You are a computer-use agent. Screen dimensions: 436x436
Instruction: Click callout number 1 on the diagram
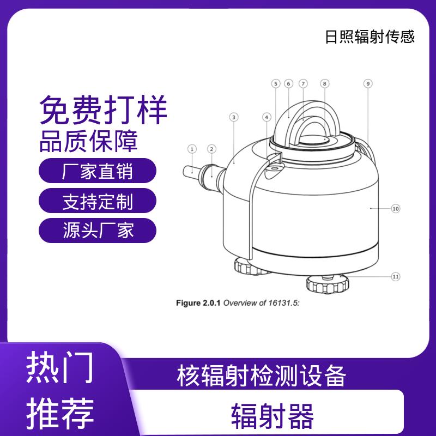(x=192, y=149)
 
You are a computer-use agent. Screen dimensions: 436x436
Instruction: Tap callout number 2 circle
(x=211, y=149)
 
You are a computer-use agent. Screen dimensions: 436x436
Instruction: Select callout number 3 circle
(x=234, y=117)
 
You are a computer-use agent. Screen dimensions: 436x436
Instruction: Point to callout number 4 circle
(x=267, y=117)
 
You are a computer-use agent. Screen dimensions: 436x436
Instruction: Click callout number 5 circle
(x=276, y=84)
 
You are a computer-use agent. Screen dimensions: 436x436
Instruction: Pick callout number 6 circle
(x=289, y=84)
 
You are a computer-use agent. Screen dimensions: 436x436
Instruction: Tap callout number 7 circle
(x=303, y=84)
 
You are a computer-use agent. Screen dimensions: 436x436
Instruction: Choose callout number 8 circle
(x=324, y=84)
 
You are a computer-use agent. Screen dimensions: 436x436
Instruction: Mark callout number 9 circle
(x=368, y=84)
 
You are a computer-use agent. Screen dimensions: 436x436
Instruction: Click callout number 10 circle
(x=396, y=209)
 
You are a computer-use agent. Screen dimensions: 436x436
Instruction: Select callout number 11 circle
(x=396, y=277)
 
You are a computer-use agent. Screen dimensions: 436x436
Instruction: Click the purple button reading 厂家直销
(x=98, y=171)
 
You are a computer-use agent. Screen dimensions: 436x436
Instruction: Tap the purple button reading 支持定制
(x=98, y=201)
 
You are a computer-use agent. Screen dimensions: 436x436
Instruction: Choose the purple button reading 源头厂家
(x=98, y=231)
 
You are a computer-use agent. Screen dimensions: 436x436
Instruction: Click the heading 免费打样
(x=103, y=110)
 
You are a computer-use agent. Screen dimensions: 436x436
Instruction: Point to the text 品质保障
(x=89, y=141)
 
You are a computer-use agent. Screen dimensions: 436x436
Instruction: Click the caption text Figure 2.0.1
(x=198, y=303)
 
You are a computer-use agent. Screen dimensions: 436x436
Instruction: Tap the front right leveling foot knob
(x=328, y=283)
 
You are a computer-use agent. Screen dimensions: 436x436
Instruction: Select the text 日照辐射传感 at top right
(x=370, y=37)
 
